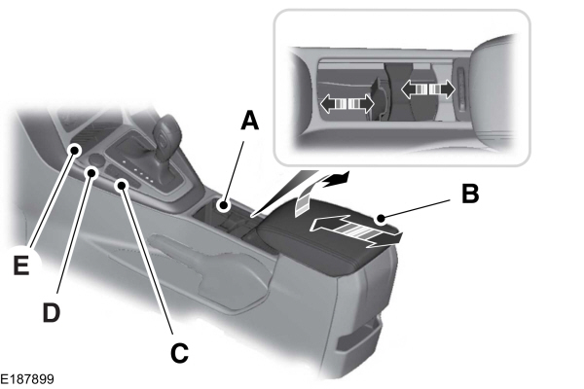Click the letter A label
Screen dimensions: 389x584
(249, 121)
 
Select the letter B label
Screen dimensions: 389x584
(469, 194)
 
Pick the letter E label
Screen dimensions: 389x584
(19, 265)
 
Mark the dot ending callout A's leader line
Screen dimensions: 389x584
(225, 205)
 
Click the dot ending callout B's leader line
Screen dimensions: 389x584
(383, 218)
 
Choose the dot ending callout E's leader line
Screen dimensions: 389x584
(75, 149)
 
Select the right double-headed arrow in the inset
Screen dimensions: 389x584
(428, 88)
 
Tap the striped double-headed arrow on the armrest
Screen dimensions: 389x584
(353, 230)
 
